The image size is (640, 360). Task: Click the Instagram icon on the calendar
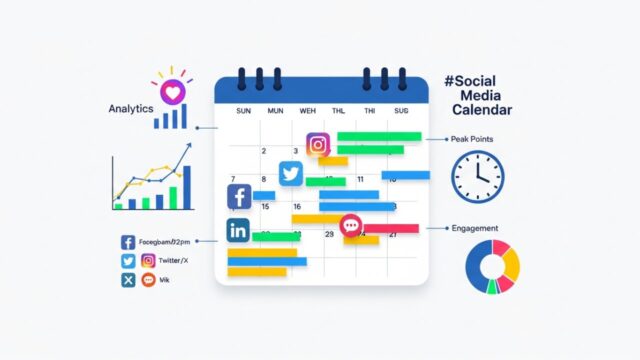click(x=318, y=144)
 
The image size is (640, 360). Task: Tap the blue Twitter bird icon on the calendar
click(x=291, y=173)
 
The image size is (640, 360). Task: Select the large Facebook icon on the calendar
click(x=240, y=197)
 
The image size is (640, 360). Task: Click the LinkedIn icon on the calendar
click(x=238, y=230)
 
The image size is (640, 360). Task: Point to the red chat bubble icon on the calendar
click(x=350, y=226)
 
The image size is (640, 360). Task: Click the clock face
click(x=477, y=177)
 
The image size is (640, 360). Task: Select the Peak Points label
click(x=472, y=139)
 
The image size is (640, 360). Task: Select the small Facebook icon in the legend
click(x=128, y=242)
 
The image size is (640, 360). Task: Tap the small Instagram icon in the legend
click(x=148, y=261)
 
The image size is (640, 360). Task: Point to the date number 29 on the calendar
click(x=329, y=233)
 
